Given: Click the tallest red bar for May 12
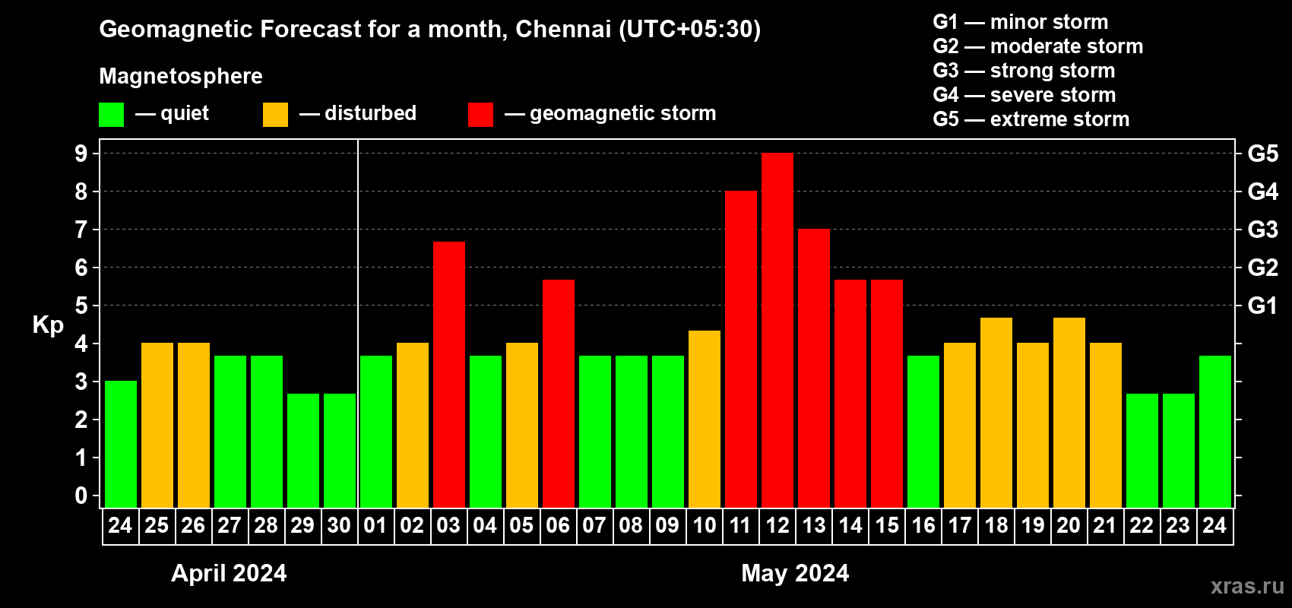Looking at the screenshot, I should (x=777, y=331).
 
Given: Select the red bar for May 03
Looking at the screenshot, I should (x=449, y=375).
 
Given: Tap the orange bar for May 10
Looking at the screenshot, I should (x=705, y=419).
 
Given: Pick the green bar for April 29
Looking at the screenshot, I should (x=303, y=451).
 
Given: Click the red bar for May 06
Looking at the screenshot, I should (x=559, y=394).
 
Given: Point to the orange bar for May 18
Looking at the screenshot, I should (x=996, y=413).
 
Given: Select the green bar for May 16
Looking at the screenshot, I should (x=923, y=432).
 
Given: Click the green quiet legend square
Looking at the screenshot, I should (x=112, y=115).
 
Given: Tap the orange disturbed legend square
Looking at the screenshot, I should (x=275, y=115).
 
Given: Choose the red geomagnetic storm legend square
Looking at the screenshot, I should (x=480, y=115).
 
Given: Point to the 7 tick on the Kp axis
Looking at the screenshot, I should (x=81, y=230).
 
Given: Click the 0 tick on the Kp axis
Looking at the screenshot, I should (x=81, y=496).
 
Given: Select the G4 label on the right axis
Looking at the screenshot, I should (x=1262, y=192).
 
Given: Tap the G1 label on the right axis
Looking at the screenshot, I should (x=1262, y=306).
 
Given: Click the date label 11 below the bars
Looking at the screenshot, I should (x=740, y=525).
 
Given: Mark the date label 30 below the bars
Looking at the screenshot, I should (x=339, y=525).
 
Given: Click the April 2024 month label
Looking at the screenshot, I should (x=229, y=573).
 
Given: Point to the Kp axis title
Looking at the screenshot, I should (x=48, y=325).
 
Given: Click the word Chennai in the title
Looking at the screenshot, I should (x=563, y=29).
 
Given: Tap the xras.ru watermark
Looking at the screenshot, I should (x=1247, y=586).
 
